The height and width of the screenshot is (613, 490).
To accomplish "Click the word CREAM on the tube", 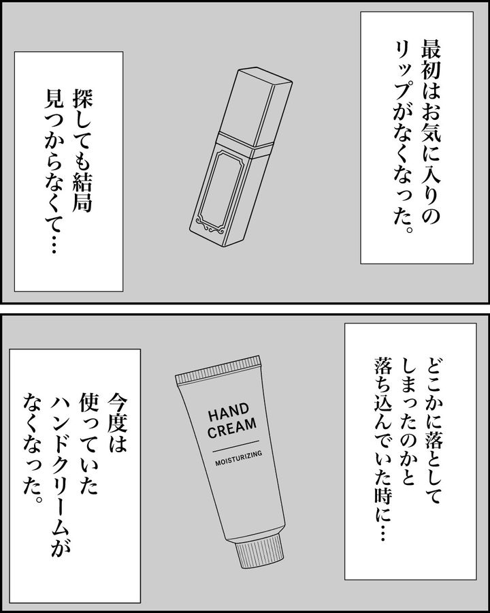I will click(x=233, y=427).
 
